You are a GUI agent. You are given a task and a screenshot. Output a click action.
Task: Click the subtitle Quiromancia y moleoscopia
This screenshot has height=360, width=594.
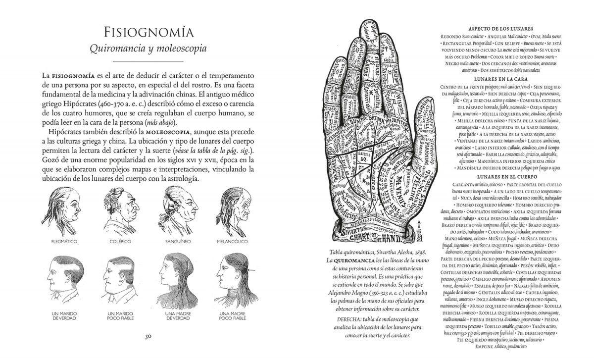(148, 49)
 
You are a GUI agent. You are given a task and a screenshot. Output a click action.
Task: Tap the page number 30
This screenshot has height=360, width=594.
(148, 337)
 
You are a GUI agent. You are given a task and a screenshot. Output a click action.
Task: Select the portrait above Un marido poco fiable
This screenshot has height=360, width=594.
(119, 278)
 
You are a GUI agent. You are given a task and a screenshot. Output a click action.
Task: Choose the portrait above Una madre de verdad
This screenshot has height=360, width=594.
(176, 278)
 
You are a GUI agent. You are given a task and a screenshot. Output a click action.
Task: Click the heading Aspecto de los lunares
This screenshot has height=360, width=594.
(501, 28)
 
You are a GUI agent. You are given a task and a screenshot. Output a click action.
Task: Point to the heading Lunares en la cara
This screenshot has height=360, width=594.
(501, 79)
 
